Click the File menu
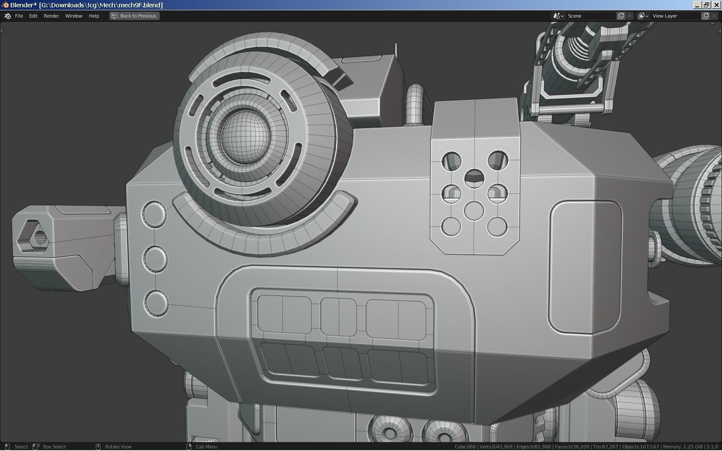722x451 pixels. [19, 16]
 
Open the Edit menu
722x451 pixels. [33, 16]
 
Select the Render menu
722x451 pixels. [51, 16]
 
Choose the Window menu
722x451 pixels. [73, 16]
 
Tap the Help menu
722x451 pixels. [94, 16]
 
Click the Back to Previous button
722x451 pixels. [134, 16]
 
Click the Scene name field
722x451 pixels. [591, 16]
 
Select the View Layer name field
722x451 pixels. [676, 16]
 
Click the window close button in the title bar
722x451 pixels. [716, 5]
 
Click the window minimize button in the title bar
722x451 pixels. [697, 5]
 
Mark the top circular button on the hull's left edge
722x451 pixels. [154, 214]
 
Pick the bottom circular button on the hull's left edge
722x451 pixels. [156, 303]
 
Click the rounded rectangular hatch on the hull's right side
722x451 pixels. [585, 266]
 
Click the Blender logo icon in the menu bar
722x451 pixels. [7, 16]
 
